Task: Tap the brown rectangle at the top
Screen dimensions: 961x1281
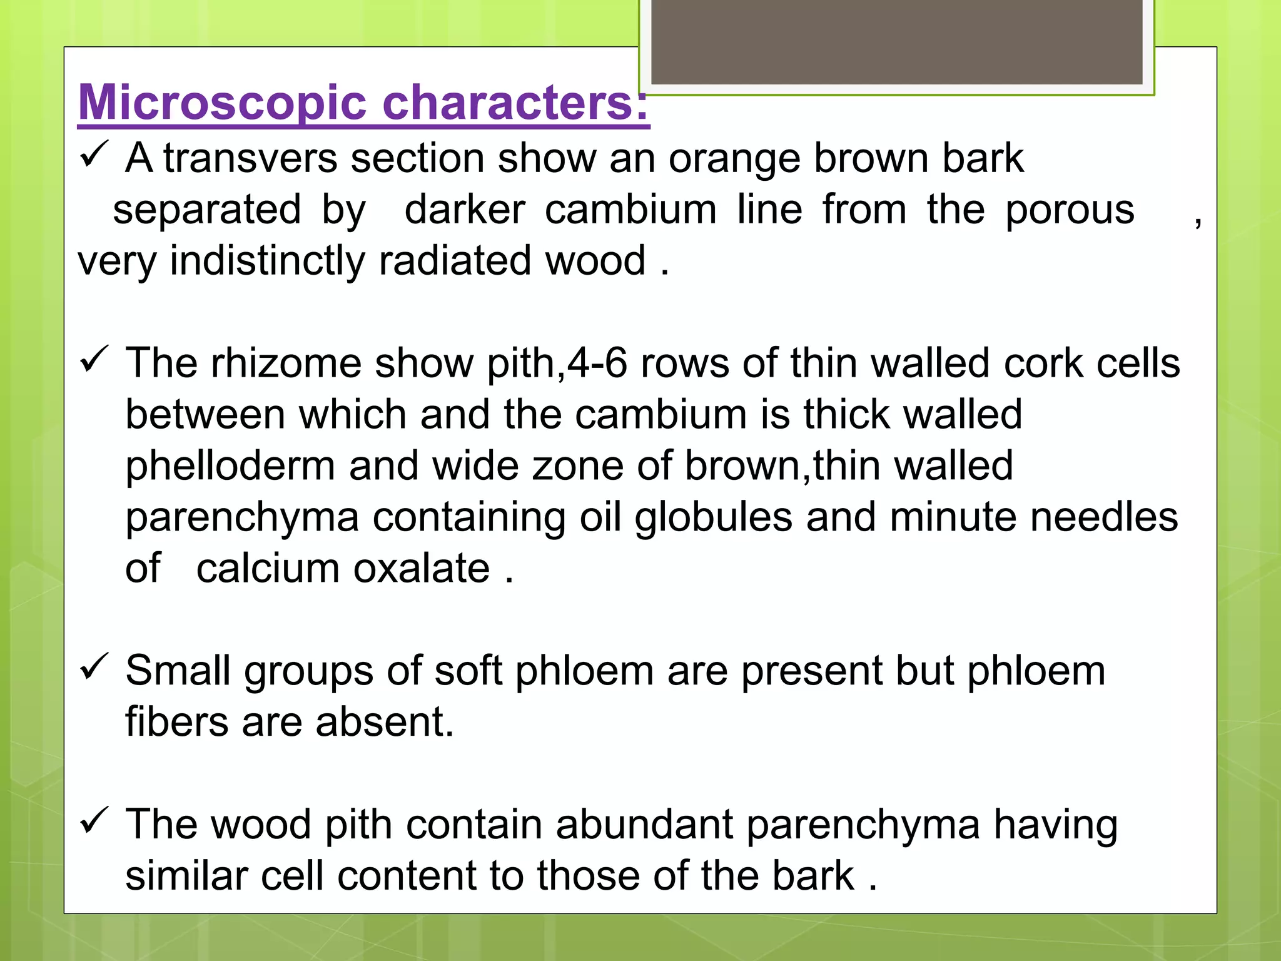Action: tap(896, 43)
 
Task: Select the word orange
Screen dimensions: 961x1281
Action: tap(734, 159)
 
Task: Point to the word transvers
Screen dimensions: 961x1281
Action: tap(250, 158)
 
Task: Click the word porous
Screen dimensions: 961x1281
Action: tap(1070, 210)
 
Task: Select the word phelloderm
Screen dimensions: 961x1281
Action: tap(230, 466)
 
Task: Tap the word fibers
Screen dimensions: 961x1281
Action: tap(177, 722)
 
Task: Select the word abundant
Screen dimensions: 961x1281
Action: tap(644, 825)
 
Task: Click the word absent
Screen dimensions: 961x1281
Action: tap(385, 722)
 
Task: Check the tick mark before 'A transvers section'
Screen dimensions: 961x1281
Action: tap(95, 155)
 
